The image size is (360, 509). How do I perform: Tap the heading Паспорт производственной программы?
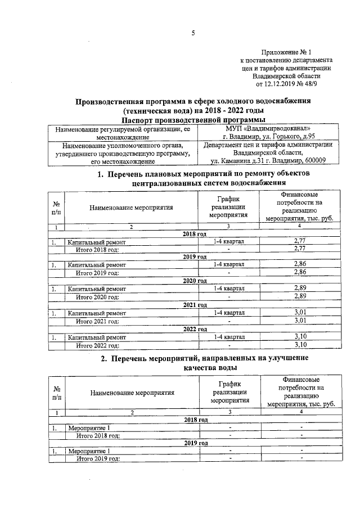tap(193, 120)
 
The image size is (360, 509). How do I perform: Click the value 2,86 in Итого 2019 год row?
tap(299, 273)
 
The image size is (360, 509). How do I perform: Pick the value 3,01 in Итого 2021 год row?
tap(299, 321)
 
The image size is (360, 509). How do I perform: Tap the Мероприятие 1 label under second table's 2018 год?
tap(88, 428)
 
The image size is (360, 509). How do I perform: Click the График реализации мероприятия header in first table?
tap(228, 207)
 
